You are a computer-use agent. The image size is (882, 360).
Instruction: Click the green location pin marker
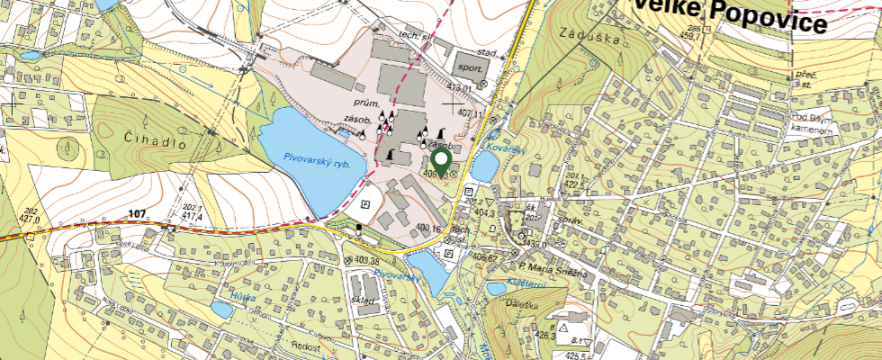tap(442, 162)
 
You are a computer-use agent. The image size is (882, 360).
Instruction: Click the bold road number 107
tap(137, 213)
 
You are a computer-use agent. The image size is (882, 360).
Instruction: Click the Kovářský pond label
tap(506, 146)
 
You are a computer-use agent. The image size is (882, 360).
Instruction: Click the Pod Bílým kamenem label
tap(810, 123)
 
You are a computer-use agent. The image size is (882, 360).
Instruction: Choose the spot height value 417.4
tap(192, 217)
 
